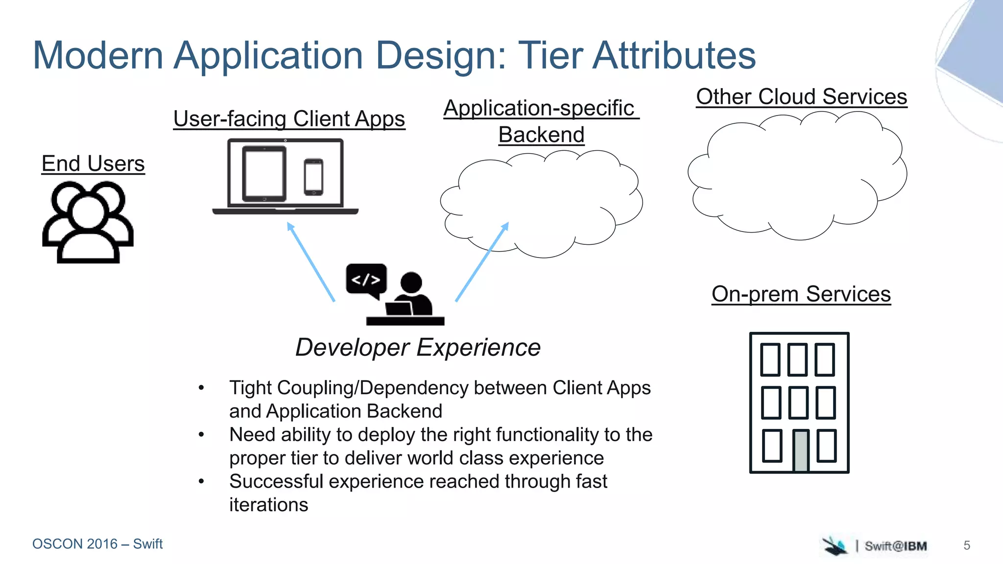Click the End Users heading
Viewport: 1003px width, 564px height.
coord(93,164)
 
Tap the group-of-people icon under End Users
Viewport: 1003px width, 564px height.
coord(88,223)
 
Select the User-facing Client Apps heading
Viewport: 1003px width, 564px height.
coord(289,119)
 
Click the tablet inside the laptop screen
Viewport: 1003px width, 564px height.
coord(264,174)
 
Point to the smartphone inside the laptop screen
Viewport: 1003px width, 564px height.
coord(313,177)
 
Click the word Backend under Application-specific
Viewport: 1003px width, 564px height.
coord(541,135)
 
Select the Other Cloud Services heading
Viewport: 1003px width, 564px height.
coord(801,97)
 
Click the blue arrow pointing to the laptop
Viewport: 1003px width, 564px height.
coord(310,261)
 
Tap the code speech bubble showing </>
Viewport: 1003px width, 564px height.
coord(366,280)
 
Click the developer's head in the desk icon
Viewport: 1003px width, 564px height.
coord(411,282)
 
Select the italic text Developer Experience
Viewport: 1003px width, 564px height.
coord(418,348)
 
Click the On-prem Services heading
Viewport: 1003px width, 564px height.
coord(801,294)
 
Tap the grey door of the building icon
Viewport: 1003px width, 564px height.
coord(800,450)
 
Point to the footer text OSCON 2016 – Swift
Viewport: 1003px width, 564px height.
coord(97,544)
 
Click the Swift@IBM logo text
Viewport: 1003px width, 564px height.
coord(895,546)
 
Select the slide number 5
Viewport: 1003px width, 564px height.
coord(967,545)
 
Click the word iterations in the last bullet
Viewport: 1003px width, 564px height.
coord(268,505)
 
